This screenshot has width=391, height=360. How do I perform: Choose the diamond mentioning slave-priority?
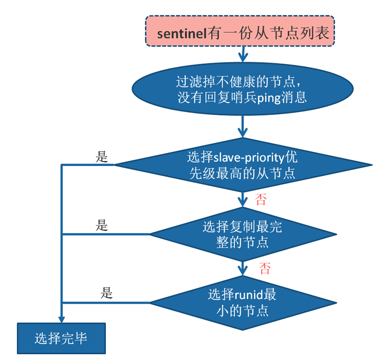click(242, 165)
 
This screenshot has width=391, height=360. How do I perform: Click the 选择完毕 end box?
click(61, 338)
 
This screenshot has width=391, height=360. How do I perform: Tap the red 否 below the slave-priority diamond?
click(261, 200)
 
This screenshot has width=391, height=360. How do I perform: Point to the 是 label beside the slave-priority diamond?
click(102, 157)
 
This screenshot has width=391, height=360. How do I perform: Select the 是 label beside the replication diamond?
click(102, 225)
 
